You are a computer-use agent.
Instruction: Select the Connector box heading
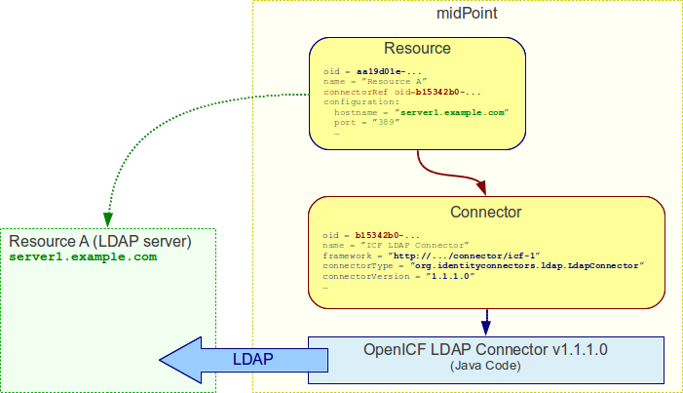(x=485, y=212)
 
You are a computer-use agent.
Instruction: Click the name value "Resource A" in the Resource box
(x=391, y=82)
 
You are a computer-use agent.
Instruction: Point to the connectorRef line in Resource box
(x=400, y=92)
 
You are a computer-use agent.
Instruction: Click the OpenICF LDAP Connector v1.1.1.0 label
(x=485, y=350)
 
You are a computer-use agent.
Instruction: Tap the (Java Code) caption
(x=484, y=366)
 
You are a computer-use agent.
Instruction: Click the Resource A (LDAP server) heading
(x=99, y=241)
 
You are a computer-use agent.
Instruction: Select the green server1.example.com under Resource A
(x=83, y=256)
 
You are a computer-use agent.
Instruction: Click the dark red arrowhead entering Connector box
(x=478, y=186)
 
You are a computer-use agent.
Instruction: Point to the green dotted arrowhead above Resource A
(x=107, y=218)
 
